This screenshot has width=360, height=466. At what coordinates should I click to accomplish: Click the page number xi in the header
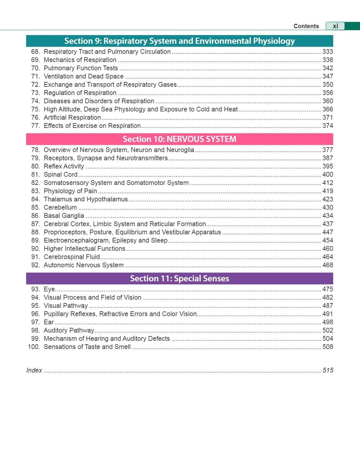click(335, 26)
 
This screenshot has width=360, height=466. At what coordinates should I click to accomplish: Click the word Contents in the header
click(306, 26)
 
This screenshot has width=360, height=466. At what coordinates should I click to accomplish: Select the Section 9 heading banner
click(179, 41)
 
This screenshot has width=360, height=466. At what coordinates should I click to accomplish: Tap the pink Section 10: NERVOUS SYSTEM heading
click(179, 139)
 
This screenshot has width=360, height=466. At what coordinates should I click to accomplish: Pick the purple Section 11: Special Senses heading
click(179, 278)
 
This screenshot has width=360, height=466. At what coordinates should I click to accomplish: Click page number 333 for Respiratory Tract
click(327, 52)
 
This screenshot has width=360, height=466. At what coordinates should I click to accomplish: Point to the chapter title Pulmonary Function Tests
click(81, 68)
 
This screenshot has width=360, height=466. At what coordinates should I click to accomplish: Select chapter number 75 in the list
click(35, 109)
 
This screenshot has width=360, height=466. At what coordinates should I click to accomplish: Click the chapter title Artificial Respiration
click(72, 118)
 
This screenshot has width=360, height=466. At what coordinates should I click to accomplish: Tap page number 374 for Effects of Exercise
click(327, 126)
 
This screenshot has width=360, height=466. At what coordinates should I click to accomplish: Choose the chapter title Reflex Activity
click(64, 166)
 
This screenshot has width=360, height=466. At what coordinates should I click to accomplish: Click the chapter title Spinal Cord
click(60, 175)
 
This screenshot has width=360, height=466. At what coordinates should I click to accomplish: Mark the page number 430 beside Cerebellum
click(327, 208)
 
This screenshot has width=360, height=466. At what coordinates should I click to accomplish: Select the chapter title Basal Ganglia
click(64, 216)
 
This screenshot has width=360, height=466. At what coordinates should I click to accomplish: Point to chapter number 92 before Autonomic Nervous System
click(35, 265)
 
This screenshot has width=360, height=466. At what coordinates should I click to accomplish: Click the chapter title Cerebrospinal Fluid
click(72, 257)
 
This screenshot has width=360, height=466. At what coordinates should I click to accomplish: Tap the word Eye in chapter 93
click(49, 289)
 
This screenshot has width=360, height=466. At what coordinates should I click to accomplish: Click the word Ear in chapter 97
click(49, 322)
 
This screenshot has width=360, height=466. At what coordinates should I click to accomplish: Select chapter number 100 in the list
click(34, 347)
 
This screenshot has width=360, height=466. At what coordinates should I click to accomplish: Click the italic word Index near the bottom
click(34, 370)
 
